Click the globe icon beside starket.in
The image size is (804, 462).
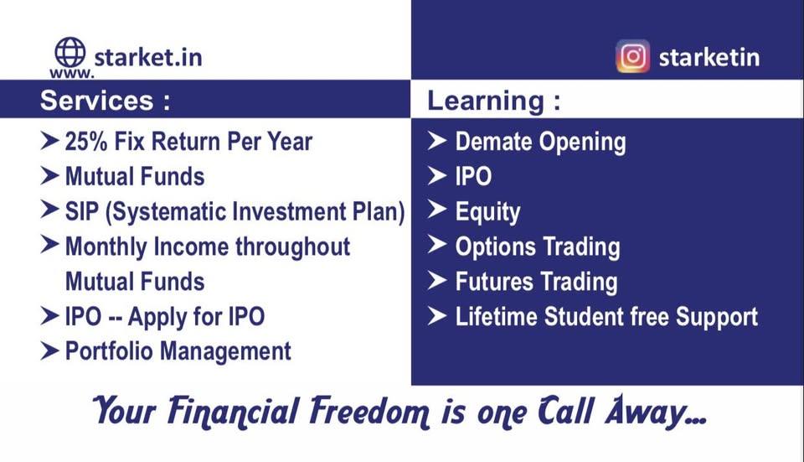click(x=70, y=52)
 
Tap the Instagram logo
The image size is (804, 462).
click(x=633, y=56)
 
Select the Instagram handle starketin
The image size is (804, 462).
click(x=709, y=57)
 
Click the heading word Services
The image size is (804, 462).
click(x=97, y=100)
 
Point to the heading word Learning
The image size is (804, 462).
click(x=486, y=101)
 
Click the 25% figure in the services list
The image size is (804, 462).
click(x=86, y=142)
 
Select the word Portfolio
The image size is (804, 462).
click(x=109, y=351)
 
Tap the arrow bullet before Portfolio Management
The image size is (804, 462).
click(x=49, y=351)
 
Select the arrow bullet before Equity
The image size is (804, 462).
click(x=437, y=210)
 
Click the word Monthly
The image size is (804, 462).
click(x=106, y=247)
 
